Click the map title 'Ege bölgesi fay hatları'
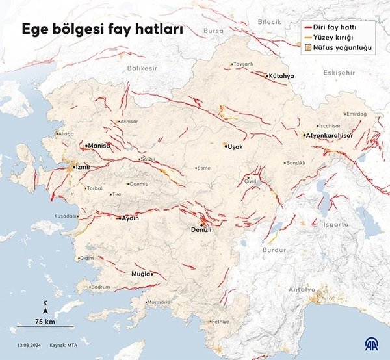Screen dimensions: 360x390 point(103,30)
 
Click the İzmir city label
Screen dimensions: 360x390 point(81,167)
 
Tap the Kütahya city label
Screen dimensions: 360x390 point(281,76)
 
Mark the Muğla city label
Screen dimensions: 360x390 point(142,274)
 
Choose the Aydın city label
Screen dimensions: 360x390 point(131,218)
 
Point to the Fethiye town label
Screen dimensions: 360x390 point(220,322)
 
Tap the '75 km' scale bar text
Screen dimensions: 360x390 point(45,322)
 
